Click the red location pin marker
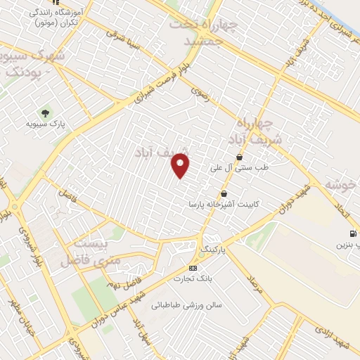tap(181, 166)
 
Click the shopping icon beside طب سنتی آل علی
tap(239, 156)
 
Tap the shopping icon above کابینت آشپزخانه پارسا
tap(224, 193)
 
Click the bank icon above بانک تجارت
tap(193, 268)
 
